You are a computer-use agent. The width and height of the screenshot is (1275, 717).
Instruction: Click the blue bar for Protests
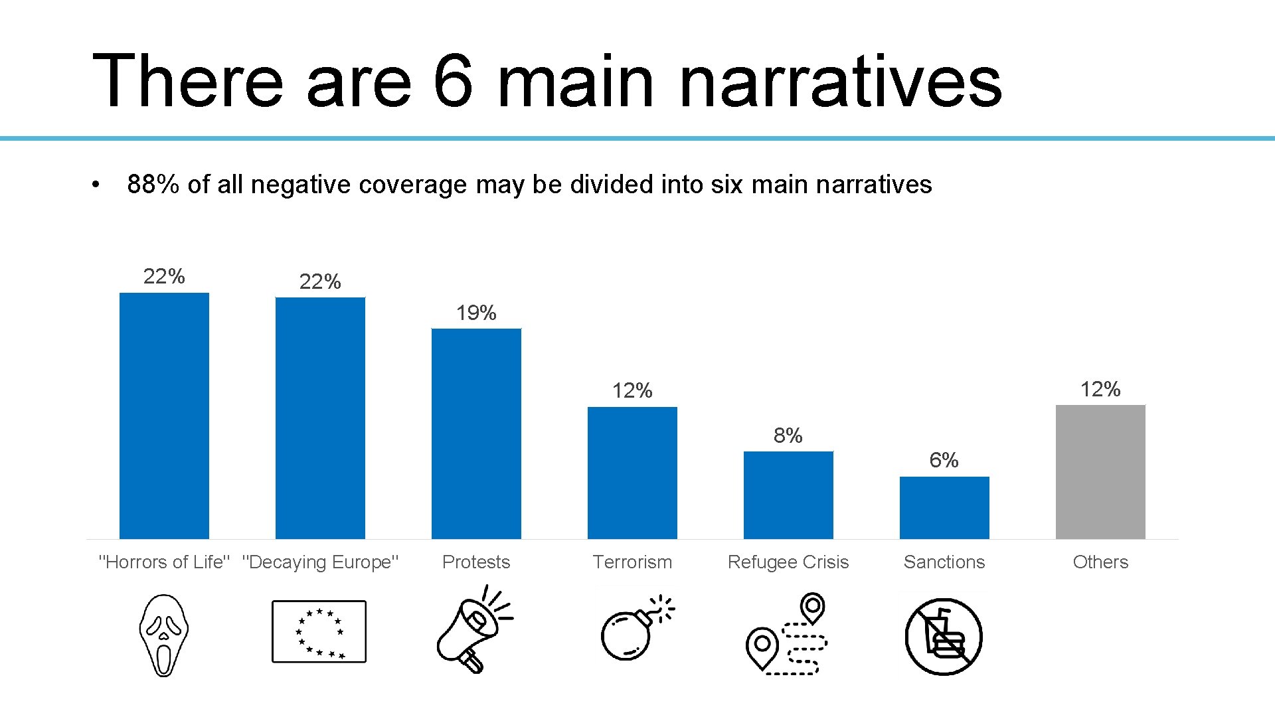coord(476,434)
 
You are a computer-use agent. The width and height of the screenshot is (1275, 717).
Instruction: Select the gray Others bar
coord(1100,471)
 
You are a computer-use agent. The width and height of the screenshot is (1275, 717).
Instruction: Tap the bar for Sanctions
coord(944,507)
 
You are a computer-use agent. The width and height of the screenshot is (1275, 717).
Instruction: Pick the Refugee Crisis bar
coord(788,495)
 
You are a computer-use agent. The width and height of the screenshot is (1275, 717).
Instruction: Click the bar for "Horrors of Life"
coord(164,416)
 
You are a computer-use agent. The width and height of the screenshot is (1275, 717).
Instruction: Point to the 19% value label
coord(476,313)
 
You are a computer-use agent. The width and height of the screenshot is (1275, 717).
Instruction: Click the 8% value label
coord(788,436)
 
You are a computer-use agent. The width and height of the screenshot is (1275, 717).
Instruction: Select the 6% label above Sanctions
coord(944,460)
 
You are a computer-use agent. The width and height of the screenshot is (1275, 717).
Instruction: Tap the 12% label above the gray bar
coord(1100,389)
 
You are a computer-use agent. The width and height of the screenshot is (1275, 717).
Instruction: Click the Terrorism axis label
coord(632,562)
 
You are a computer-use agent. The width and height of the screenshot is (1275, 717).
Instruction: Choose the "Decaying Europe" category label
coord(320,562)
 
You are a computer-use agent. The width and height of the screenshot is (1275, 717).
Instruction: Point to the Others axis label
coord(1100,562)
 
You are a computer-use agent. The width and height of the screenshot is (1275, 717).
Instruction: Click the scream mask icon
coord(164,635)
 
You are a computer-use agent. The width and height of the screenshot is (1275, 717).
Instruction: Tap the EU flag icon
coord(319,631)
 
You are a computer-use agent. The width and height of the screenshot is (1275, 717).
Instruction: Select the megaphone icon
coord(473,629)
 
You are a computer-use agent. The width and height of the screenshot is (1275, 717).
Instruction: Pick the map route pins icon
coord(788,635)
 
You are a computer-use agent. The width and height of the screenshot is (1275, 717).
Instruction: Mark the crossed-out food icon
coord(944,637)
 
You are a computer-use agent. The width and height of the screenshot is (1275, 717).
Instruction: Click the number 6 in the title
coord(454,81)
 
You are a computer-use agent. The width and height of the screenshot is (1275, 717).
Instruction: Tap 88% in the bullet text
coord(153,185)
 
